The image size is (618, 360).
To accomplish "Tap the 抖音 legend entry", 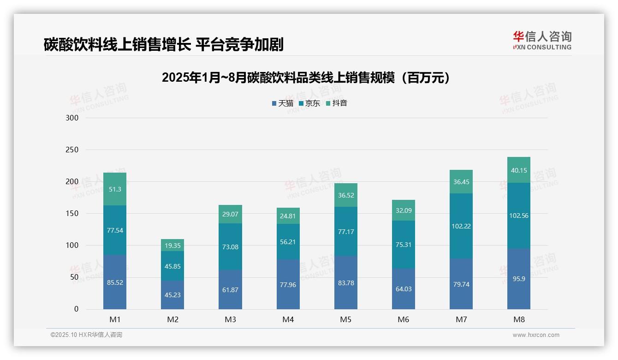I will pos(337,103).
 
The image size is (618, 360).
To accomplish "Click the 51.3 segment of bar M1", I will pos(115,189).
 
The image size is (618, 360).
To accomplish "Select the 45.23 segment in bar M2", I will pos(172,295).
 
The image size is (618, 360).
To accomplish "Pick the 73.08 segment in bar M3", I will pos(230,247).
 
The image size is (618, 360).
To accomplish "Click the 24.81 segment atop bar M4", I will pos(288,216).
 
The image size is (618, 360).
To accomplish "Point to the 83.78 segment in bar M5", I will pos(346,283).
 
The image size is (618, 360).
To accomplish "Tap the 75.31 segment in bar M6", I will pos(404,245).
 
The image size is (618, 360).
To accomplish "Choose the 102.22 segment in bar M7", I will pos(461,226).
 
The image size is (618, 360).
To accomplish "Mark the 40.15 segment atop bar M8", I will pos(519,170).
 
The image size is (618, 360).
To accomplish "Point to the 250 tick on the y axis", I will pos(72,150).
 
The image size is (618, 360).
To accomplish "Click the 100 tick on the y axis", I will pos(72,246).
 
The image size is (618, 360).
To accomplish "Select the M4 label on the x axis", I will pos(288,320).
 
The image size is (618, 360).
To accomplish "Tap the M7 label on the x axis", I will pos(461,320).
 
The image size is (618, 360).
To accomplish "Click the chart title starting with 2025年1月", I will pos(305,78).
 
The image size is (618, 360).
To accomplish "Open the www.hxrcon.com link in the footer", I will pos(536,335).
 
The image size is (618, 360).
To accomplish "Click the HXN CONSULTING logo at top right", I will pos(542,41).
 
